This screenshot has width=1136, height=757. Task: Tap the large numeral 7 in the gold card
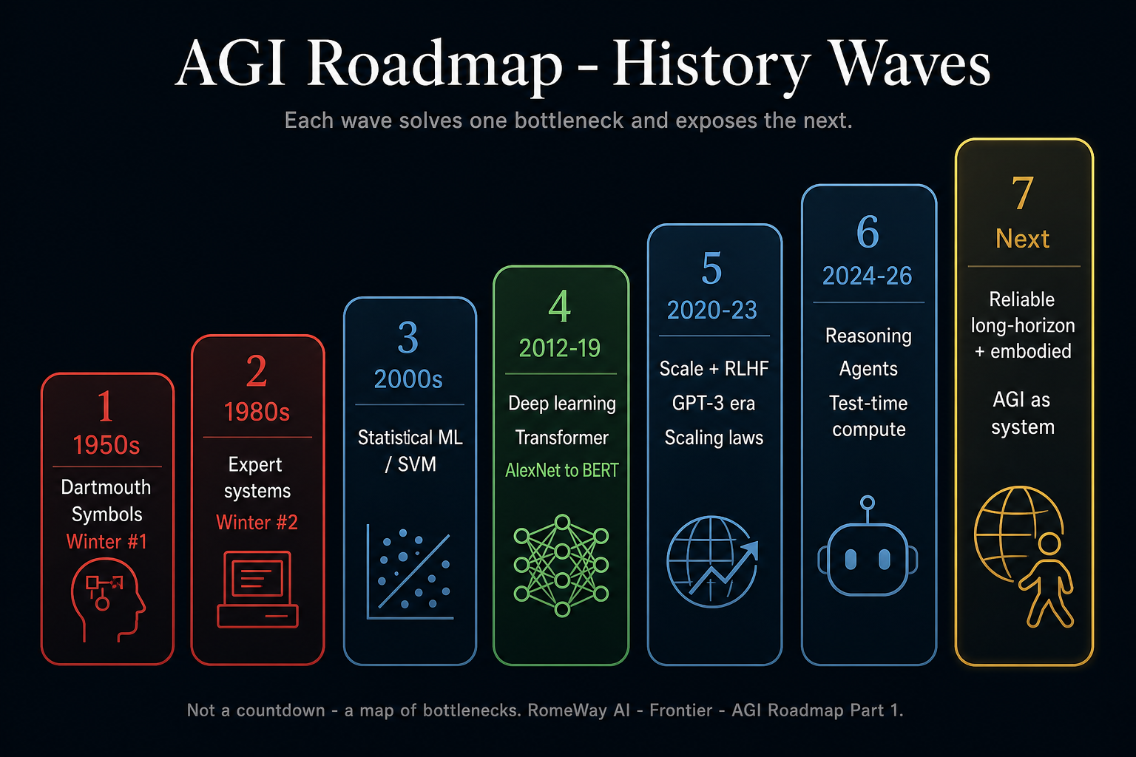point(1022,193)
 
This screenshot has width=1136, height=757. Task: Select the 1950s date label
point(106,445)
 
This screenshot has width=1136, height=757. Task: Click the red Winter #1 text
point(106,542)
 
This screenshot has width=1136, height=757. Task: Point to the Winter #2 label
point(257,522)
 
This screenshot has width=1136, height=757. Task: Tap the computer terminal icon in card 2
point(257,589)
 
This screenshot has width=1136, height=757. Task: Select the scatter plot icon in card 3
point(409,572)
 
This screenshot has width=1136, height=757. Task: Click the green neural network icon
point(561,566)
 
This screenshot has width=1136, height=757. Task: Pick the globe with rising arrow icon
point(712,561)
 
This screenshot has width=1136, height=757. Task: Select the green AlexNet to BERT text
point(562,470)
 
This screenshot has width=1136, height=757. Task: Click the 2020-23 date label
point(712,310)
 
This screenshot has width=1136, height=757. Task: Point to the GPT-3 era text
point(714,404)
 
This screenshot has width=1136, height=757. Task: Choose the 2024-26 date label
point(868,276)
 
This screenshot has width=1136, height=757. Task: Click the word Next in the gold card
point(1022,239)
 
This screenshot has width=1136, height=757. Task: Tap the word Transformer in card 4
point(562,438)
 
